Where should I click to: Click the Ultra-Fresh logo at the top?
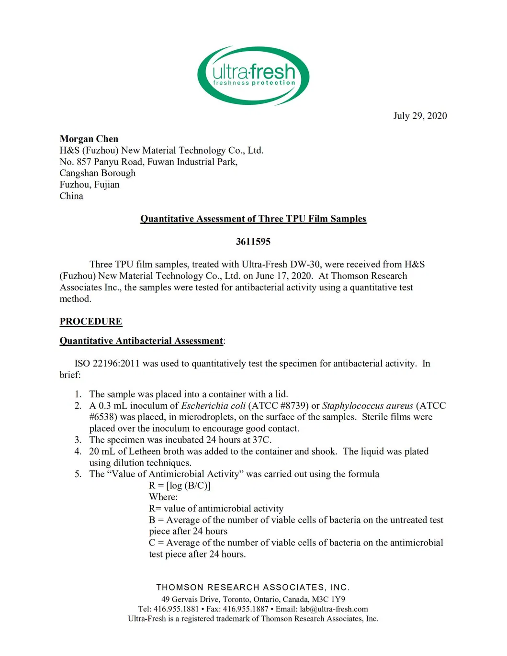click(x=253, y=76)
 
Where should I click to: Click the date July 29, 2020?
click(x=420, y=116)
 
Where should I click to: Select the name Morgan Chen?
click(x=89, y=139)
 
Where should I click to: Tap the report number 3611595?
click(x=253, y=242)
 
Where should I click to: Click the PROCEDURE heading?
click(x=90, y=322)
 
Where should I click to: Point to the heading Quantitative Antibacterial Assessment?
click(x=141, y=341)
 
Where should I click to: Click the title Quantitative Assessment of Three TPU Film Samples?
click(x=253, y=219)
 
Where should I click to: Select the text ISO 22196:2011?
click(x=107, y=364)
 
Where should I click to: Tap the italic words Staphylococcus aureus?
click(x=367, y=406)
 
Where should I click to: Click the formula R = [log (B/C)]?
click(x=180, y=486)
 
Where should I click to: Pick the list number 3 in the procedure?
click(x=78, y=440)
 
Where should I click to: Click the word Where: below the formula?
click(x=163, y=497)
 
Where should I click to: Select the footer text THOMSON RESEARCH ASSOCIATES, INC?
click(x=253, y=587)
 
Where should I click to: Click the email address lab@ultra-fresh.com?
click(x=334, y=609)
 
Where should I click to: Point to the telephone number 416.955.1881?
click(x=176, y=609)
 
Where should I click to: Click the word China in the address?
click(x=71, y=196)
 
